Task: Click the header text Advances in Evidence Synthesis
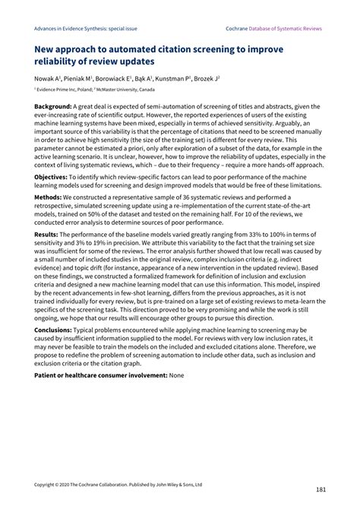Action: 75,28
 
